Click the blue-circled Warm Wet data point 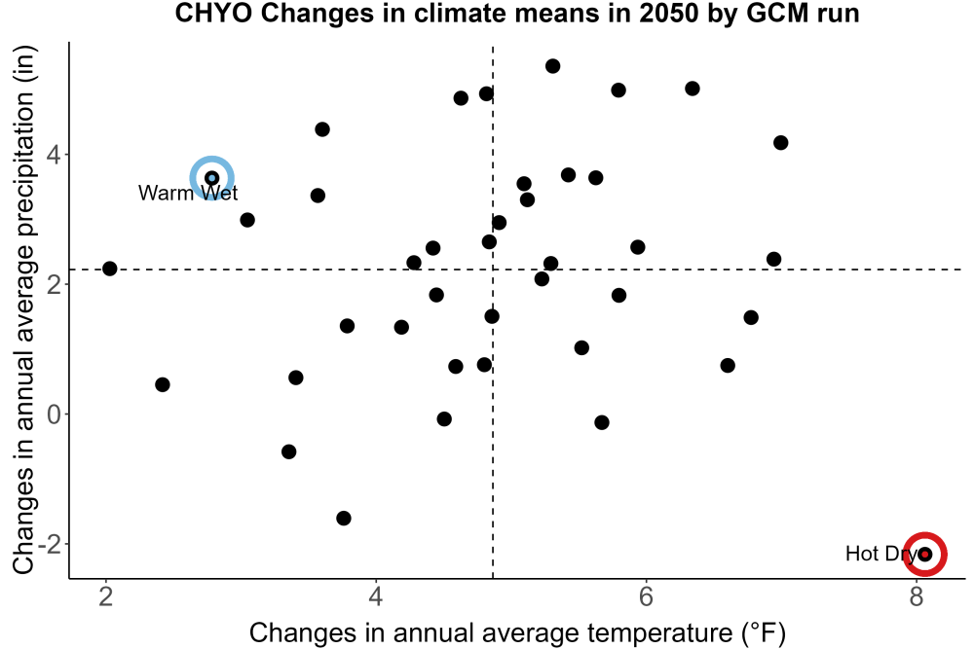click(211, 178)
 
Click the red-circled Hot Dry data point click(925, 554)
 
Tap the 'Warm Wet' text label click(188, 193)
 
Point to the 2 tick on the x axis click(106, 596)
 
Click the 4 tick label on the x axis click(376, 596)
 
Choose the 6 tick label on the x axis click(646, 596)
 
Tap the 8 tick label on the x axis click(917, 596)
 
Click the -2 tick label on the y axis click(49, 544)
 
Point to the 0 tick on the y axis click(55, 414)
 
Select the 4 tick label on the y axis click(55, 154)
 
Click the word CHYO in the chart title click(213, 14)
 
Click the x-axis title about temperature click(517, 633)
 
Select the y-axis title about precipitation click(24, 310)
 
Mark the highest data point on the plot click(553, 66)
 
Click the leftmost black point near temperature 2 click(110, 269)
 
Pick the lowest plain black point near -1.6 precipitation click(344, 518)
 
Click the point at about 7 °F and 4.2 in click(781, 143)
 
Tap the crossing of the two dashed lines click(493, 270)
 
